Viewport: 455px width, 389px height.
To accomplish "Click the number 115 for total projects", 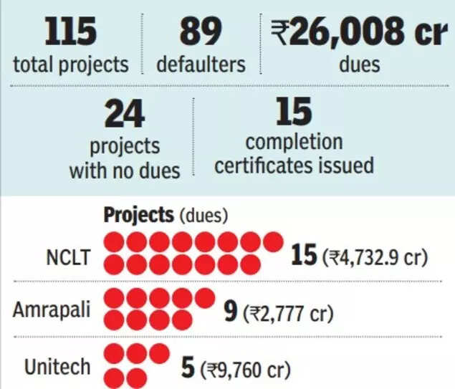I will [x=70, y=33].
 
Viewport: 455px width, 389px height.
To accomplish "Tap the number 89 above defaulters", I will [x=201, y=33].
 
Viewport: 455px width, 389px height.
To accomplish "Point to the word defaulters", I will [x=201, y=65].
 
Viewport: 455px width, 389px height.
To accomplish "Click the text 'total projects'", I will [x=70, y=65].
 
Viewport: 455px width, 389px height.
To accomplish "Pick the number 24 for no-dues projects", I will [x=124, y=113].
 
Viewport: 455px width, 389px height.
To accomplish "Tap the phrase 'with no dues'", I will [x=124, y=171].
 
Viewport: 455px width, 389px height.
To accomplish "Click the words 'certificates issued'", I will [x=294, y=165].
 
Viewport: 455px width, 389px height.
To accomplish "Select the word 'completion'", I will [x=294, y=142].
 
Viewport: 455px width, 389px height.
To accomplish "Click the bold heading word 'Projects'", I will [x=138, y=214].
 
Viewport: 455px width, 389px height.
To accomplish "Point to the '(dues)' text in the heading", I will [x=203, y=215].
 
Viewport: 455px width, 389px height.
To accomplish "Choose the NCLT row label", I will [x=67, y=256].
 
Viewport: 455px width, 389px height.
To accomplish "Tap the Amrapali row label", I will [x=52, y=310].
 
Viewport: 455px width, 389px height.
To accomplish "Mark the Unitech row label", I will [x=58, y=367].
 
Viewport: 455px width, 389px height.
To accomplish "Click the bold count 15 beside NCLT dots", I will [x=303, y=255].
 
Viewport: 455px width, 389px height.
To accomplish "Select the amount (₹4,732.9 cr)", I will [x=374, y=256].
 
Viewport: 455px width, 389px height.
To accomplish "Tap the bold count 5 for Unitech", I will [x=188, y=368].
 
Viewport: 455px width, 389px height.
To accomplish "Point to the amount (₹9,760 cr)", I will [x=246, y=370].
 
